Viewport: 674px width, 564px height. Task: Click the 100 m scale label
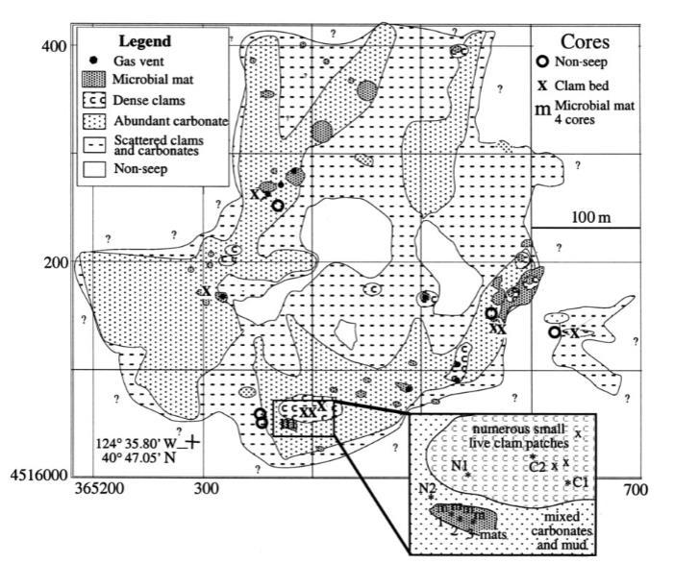(590, 217)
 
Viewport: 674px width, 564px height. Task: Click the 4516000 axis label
(44, 476)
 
